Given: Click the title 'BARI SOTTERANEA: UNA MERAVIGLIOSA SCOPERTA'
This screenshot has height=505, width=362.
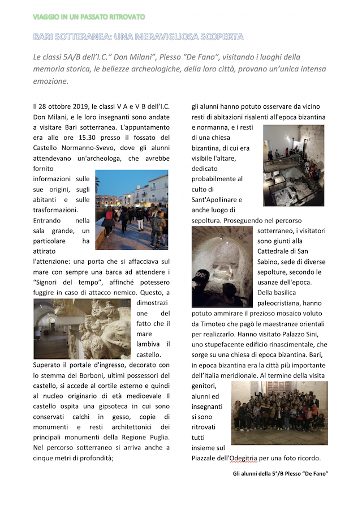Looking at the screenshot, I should tap(138, 37).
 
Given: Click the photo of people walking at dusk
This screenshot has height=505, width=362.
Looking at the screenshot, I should tap(132, 209).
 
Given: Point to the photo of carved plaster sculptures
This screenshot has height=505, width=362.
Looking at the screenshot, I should tap(82, 329).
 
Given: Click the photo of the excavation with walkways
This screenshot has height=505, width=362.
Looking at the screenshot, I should tap(294, 165).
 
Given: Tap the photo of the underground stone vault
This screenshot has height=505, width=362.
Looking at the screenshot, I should tap(222, 267).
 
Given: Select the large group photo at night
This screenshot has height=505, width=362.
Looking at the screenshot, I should tap(279, 413).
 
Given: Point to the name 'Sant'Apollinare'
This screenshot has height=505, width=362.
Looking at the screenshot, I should tap(217, 199).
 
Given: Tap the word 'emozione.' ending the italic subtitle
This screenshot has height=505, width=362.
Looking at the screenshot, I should tap(51, 81).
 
